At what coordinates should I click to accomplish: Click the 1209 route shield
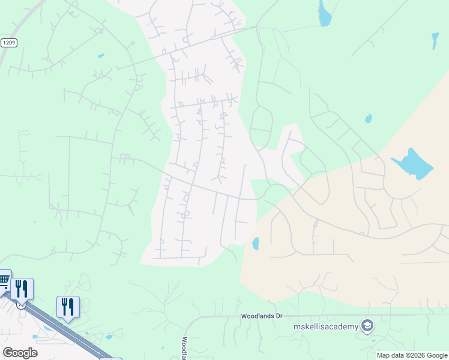8,43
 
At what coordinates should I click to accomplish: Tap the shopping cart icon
3,280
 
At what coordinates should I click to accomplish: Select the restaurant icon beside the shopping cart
22,289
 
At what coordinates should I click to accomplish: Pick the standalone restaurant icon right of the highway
68,307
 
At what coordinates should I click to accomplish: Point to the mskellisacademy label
325,326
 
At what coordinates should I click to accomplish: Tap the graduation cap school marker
367,326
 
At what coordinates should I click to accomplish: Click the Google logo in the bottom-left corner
20,353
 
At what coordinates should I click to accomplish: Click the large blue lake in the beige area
413,163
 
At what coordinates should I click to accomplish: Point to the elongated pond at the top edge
324,14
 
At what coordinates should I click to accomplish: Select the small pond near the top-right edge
435,41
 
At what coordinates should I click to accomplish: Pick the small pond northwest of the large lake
368,119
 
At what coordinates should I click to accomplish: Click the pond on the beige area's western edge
256,244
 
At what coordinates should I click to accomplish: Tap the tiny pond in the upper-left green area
101,56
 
